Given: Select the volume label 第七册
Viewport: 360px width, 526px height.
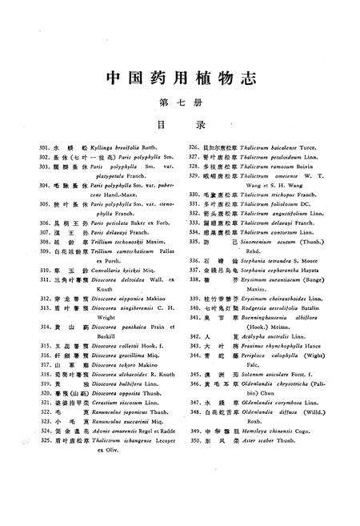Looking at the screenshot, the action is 180,102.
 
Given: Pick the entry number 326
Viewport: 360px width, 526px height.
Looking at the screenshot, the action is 193,149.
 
